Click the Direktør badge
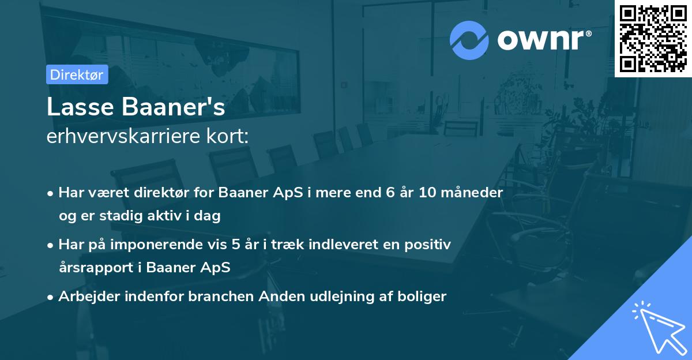click(77, 74)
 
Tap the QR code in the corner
click(653, 38)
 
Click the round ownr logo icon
click(469, 40)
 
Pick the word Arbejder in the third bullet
click(87, 297)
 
